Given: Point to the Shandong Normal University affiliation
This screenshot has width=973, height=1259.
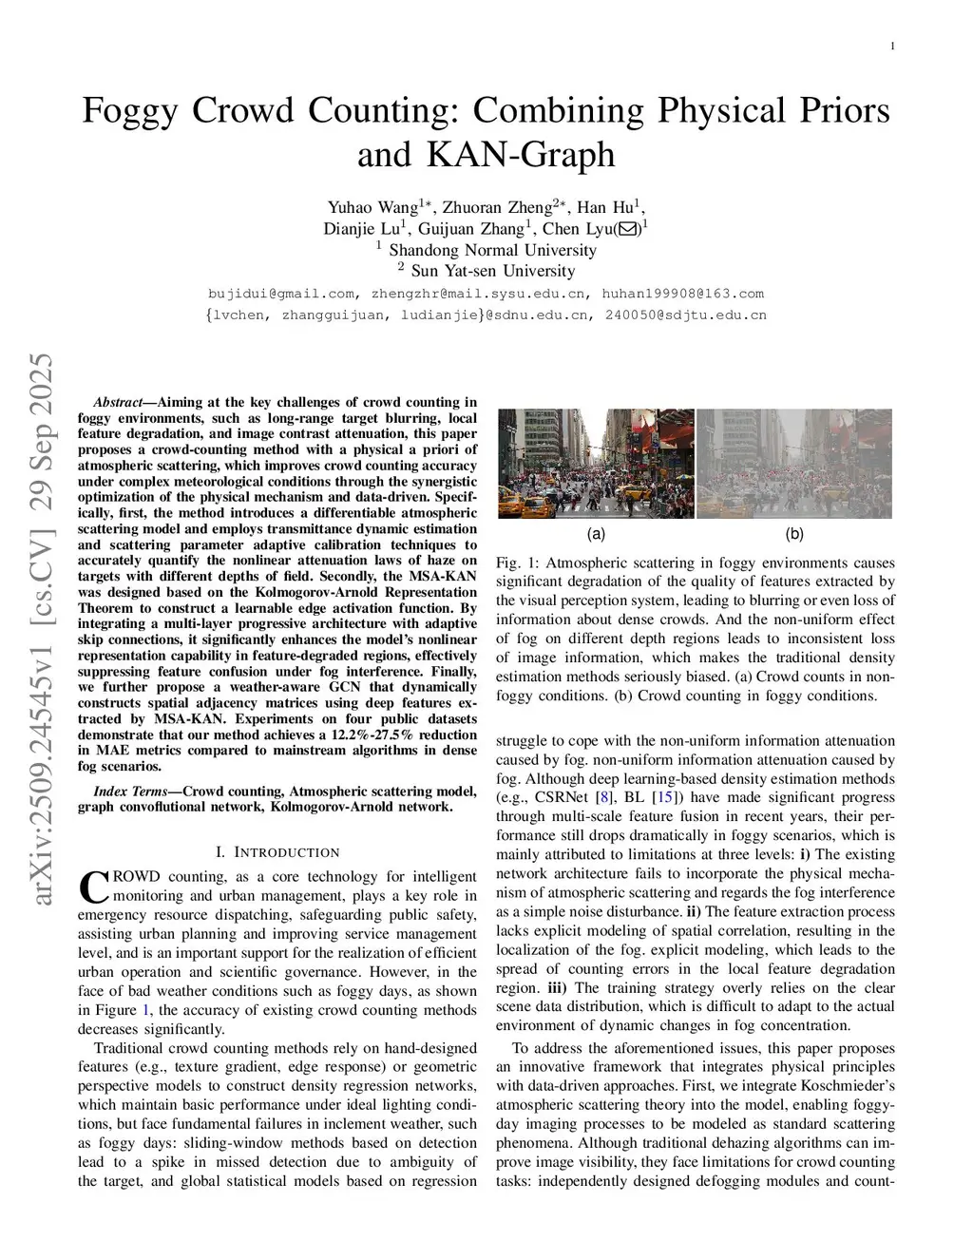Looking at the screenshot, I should tap(492, 250).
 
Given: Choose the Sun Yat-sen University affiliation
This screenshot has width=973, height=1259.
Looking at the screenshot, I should tap(492, 271).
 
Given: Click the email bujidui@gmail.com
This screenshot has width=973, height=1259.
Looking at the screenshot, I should tap(281, 294).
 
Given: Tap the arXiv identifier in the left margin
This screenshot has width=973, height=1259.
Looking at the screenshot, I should tap(42, 627).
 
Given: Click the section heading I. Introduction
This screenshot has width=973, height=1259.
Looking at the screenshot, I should tap(277, 852).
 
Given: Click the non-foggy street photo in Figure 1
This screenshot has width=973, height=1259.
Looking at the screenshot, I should tap(596, 464).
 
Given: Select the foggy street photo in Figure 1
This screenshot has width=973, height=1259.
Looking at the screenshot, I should tap(794, 464).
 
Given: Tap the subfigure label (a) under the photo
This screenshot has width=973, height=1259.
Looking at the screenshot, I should tap(596, 534).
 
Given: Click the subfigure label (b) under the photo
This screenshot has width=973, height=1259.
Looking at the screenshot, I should tap(794, 534).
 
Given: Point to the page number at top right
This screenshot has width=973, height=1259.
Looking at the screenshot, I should tap(892, 47).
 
